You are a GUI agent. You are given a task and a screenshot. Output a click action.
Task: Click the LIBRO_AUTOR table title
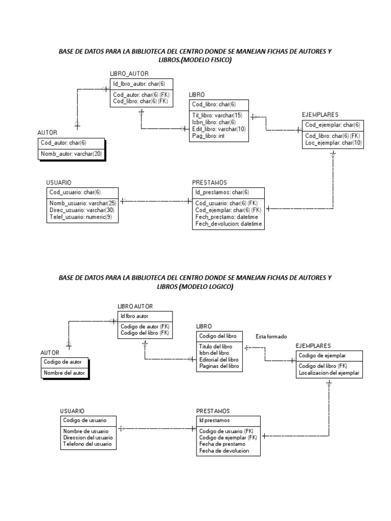coord(129,74)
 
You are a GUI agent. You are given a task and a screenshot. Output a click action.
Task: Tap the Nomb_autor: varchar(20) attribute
coord(71,153)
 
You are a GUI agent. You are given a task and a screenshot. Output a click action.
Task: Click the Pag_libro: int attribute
coord(208,136)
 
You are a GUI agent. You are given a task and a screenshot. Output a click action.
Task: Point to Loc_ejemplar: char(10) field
coord(333,143)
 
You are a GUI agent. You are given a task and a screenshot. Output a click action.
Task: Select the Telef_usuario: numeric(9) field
coord(80,217)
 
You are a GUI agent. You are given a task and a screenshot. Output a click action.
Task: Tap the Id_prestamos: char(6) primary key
coord(222,192)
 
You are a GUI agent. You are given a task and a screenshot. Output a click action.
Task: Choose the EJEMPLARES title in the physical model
coord(320,115)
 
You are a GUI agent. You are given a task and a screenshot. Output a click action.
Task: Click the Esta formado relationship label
coord(271,336)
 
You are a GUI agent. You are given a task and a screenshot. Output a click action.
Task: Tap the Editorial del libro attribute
coord(219,359)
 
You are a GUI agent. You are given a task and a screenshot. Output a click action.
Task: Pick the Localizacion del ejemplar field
coord(329,373)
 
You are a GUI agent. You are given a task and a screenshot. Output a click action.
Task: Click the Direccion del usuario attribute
coord(88,438)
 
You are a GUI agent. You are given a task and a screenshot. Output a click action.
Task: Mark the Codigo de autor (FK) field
coord(145,326)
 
